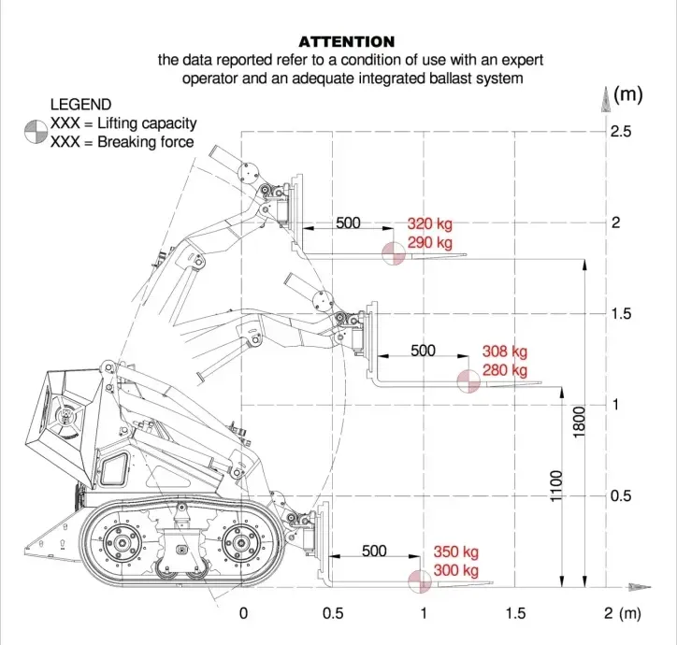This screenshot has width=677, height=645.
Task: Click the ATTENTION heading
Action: tap(346, 42)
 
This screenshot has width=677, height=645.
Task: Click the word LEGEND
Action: tap(80, 105)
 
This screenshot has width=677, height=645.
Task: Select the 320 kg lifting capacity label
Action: tap(429, 224)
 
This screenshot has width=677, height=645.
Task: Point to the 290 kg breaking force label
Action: tap(429, 243)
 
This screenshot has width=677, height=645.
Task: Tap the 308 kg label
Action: tap(505, 351)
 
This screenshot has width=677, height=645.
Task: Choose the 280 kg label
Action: tap(505, 371)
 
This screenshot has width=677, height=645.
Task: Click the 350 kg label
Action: tap(455, 552)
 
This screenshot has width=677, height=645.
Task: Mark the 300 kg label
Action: tap(455, 571)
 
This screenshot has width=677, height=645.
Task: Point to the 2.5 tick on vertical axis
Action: tap(621, 132)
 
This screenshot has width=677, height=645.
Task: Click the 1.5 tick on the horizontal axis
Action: tap(515, 613)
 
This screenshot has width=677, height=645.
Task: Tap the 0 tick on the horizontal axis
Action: tap(243, 613)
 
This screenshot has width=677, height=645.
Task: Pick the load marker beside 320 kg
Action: tap(393, 252)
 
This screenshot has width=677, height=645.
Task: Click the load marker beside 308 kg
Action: tap(468, 380)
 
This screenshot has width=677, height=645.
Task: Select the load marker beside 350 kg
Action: tap(418, 580)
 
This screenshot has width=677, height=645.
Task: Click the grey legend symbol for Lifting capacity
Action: tap(36, 132)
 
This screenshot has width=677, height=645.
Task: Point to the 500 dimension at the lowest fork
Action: tap(374, 551)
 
